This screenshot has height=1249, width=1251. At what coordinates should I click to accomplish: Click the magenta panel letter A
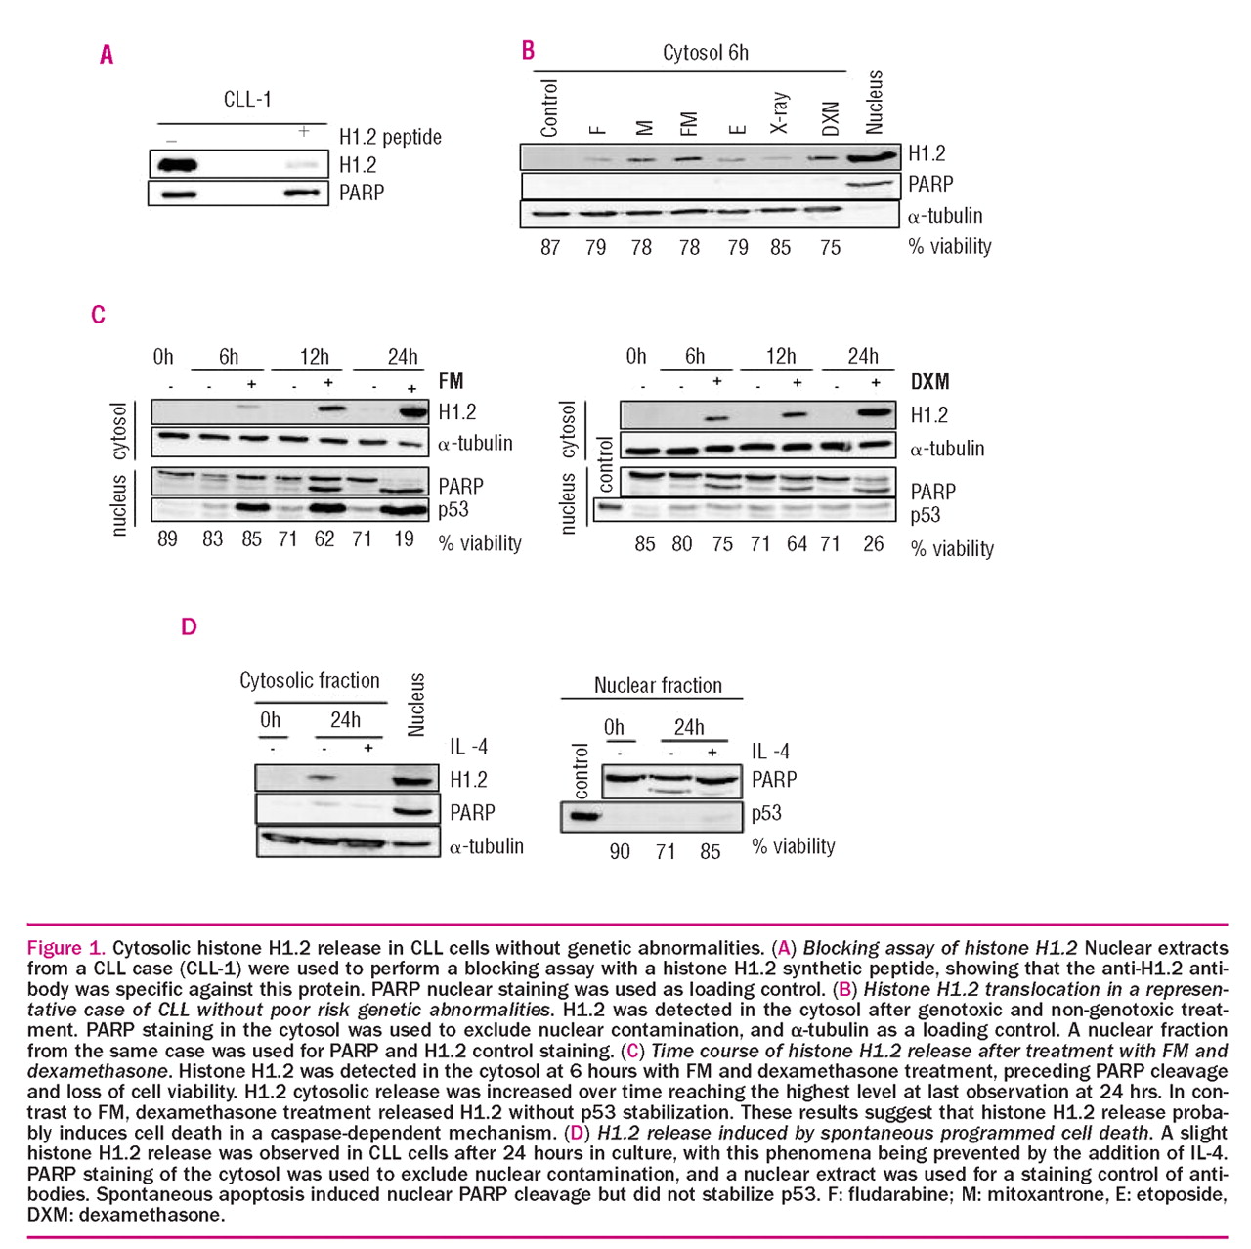click(107, 55)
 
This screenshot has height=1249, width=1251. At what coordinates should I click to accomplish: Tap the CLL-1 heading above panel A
click(247, 99)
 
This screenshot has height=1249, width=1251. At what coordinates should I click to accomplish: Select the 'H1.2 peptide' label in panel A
click(390, 137)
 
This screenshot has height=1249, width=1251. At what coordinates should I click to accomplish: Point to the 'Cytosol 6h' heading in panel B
click(706, 53)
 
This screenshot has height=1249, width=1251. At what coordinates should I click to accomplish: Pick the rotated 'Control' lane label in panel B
click(549, 108)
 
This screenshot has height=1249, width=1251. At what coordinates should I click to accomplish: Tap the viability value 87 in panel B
click(550, 248)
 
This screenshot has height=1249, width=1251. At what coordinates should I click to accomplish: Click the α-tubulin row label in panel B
click(945, 216)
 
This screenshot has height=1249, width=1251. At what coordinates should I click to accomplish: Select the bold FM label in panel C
click(451, 381)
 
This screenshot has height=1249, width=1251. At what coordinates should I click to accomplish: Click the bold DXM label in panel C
click(929, 382)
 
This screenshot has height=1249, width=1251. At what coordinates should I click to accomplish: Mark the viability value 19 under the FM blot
click(404, 539)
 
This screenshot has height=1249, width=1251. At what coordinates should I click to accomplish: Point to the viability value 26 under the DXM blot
click(874, 543)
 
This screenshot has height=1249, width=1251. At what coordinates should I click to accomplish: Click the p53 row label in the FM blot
click(453, 509)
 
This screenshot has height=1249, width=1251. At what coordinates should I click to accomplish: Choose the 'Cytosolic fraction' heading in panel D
click(310, 680)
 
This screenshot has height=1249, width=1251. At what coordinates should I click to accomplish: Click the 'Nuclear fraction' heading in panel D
click(658, 686)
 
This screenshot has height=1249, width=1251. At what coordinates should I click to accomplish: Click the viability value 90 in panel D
click(620, 851)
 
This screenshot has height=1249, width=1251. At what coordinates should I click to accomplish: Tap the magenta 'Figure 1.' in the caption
click(65, 948)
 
